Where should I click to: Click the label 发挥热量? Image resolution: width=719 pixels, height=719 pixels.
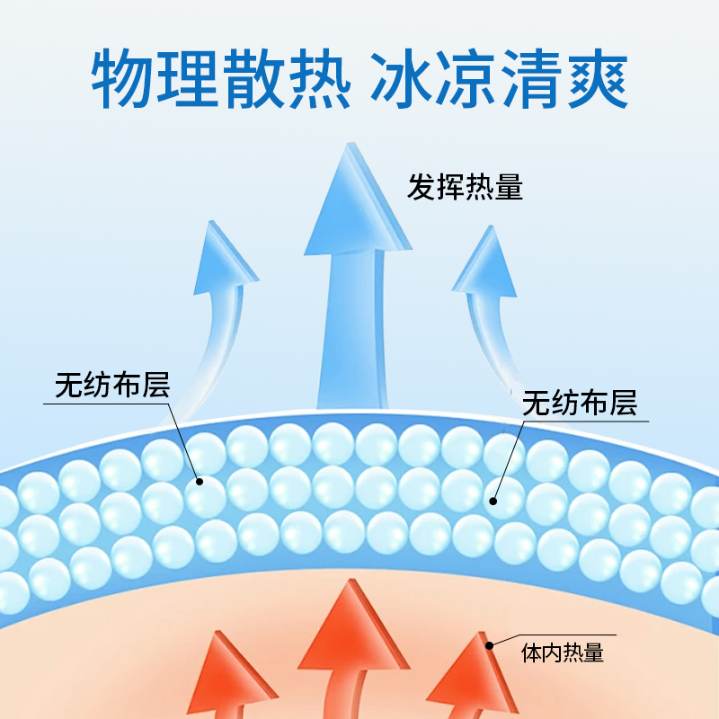click(x=465, y=188)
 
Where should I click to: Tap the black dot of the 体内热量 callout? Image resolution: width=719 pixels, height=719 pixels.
click(x=490, y=644)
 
